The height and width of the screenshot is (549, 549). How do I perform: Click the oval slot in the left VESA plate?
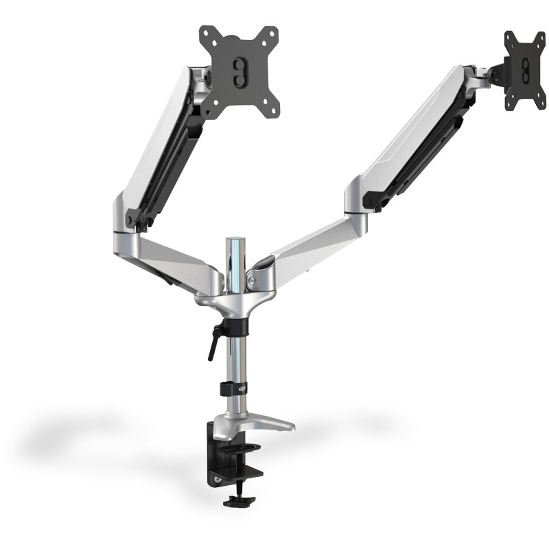240,71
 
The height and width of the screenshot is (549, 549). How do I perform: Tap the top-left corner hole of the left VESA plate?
204,32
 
